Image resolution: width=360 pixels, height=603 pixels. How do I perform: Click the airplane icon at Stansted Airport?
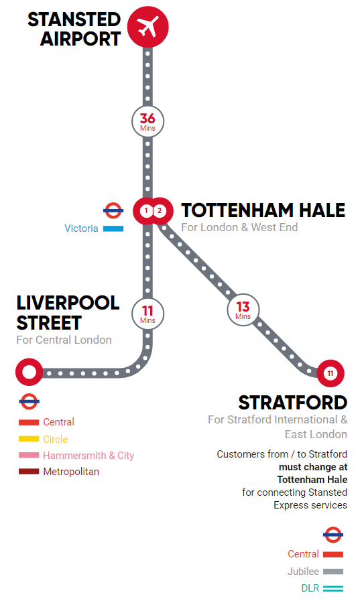coord(147,27)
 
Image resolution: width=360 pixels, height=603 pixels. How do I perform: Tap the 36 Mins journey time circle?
coord(147,122)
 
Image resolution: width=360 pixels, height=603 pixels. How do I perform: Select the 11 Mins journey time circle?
coord(147,313)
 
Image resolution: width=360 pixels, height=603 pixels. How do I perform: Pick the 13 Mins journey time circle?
coord(243,310)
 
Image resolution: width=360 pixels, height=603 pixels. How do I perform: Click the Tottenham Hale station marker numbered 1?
coord(145,211)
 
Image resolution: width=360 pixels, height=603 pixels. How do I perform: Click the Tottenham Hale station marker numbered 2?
coord(160,211)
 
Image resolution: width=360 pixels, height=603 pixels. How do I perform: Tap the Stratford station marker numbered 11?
coord(330,373)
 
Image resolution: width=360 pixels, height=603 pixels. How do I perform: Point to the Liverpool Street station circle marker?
coord(29,372)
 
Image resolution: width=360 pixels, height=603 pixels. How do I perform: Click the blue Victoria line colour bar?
coord(113,228)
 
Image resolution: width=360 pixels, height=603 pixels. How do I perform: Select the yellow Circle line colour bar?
coord(29,440)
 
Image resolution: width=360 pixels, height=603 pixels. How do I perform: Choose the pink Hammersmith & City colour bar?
coord(29,456)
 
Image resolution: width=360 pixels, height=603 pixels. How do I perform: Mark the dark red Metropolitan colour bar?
coord(29,472)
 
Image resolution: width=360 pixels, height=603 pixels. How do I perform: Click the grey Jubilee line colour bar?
coord(333,572)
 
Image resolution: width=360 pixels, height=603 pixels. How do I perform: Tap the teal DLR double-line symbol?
coord(333,588)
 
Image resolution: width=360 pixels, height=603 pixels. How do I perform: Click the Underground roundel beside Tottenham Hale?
coord(113,210)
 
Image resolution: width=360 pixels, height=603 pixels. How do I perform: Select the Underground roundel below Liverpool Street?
coord(29,402)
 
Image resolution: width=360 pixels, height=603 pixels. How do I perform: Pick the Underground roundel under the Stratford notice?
coord(333,535)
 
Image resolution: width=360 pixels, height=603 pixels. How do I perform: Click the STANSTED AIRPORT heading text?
coord(74,29)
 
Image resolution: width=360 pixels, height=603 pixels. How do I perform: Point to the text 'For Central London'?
coord(64,340)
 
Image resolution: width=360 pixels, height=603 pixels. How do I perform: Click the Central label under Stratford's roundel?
coord(303,554)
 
